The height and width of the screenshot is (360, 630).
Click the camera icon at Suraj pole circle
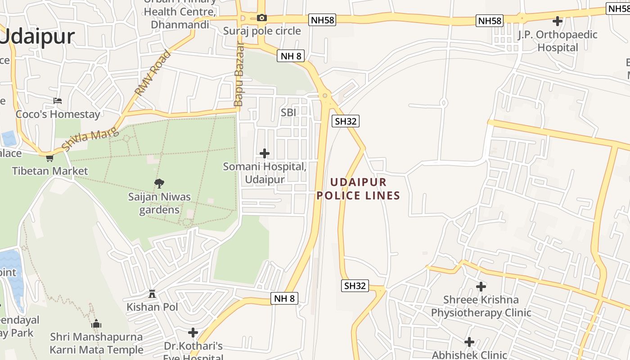(x=261, y=18)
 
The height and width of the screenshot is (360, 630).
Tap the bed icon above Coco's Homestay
(x=58, y=100)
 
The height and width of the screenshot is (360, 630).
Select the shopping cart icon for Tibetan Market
(x=49, y=158)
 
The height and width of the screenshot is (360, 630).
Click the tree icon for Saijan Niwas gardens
(x=159, y=183)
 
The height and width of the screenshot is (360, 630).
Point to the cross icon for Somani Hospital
(x=265, y=153)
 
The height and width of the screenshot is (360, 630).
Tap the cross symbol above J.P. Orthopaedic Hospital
(x=558, y=21)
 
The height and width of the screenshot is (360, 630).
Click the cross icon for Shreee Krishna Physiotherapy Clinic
(x=481, y=286)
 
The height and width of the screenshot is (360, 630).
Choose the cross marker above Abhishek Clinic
(x=469, y=342)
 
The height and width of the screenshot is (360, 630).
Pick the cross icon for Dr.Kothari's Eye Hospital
(x=193, y=333)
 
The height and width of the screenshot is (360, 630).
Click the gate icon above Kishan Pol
(x=152, y=294)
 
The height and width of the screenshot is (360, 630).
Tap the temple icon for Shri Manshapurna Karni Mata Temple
(x=96, y=324)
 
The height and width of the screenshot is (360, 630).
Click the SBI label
(x=288, y=112)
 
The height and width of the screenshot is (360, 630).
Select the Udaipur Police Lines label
(x=358, y=189)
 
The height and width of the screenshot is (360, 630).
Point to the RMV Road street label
(x=153, y=73)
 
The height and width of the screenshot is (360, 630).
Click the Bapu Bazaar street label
(x=238, y=75)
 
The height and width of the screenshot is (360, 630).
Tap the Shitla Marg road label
(x=90, y=139)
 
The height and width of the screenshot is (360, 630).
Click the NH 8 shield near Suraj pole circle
(x=292, y=56)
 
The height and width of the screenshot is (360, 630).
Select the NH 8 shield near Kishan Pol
(x=285, y=298)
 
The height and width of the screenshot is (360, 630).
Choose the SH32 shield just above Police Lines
(x=346, y=121)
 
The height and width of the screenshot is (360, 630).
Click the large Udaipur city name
(x=38, y=36)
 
